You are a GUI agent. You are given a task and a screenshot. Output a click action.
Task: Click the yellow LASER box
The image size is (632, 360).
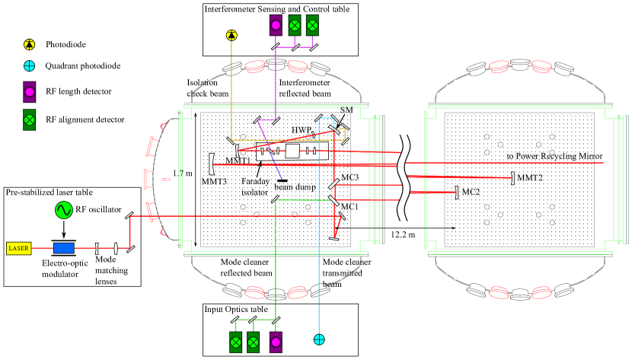[18, 248]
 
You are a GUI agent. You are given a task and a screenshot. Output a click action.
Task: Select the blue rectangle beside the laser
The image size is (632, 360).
[64, 248]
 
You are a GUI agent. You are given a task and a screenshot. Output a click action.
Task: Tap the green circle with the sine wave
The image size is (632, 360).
[64, 210]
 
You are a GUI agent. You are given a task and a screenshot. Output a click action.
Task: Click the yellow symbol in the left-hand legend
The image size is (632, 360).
[29, 45]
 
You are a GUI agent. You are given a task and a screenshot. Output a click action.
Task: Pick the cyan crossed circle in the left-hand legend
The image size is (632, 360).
[29, 66]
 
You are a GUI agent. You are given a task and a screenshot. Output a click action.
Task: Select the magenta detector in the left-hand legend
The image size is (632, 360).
[30, 92]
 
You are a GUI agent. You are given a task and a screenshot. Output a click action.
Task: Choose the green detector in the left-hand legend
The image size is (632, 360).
[30, 119]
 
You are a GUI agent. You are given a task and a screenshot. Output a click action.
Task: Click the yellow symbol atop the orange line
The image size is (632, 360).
[231, 35]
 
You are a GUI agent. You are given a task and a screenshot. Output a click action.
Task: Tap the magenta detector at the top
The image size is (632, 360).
[276, 25]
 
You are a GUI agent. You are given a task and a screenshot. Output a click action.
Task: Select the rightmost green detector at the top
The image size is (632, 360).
[312, 25]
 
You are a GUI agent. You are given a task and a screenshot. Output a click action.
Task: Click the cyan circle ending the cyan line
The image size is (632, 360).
[319, 339]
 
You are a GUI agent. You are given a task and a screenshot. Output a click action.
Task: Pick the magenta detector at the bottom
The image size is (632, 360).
[276, 342]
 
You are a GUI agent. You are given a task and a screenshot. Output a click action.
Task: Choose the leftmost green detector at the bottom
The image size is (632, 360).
[236, 342]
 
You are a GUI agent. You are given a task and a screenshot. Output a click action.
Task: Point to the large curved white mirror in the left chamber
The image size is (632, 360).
[212, 164]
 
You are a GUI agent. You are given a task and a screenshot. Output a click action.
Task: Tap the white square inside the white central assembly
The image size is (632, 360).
[292, 151]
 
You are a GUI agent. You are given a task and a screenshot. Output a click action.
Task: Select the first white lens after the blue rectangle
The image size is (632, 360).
[97, 248]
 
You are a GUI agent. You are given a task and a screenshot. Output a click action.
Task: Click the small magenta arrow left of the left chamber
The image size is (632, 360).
[166, 180]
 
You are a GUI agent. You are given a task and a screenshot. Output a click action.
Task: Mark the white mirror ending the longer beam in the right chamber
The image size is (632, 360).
[512, 178]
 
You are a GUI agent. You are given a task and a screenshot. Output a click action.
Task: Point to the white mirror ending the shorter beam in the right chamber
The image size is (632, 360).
[457, 193]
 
